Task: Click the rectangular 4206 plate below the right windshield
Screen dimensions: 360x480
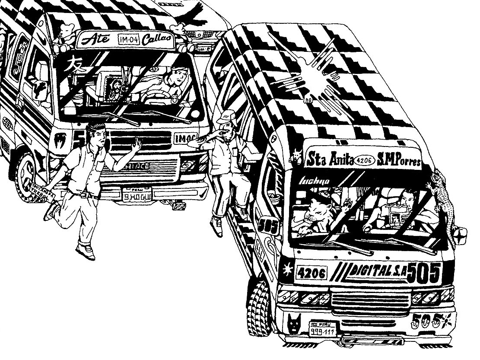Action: click(312, 273)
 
